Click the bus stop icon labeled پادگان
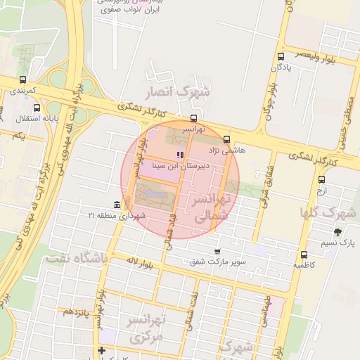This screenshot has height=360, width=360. pos(281,56)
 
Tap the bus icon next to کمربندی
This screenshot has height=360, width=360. pos(23,80)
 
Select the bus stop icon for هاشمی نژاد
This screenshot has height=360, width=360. pos(226,139)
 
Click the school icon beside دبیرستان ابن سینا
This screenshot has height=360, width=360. pos(181,154)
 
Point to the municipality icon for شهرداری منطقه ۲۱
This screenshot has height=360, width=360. pos(116,205)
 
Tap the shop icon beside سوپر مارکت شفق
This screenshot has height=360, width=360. pos(217,251)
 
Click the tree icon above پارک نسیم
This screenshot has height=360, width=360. pos(338,232)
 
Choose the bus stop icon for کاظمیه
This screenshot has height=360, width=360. pos(304,255)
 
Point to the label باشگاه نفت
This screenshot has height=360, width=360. pos(76,259)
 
